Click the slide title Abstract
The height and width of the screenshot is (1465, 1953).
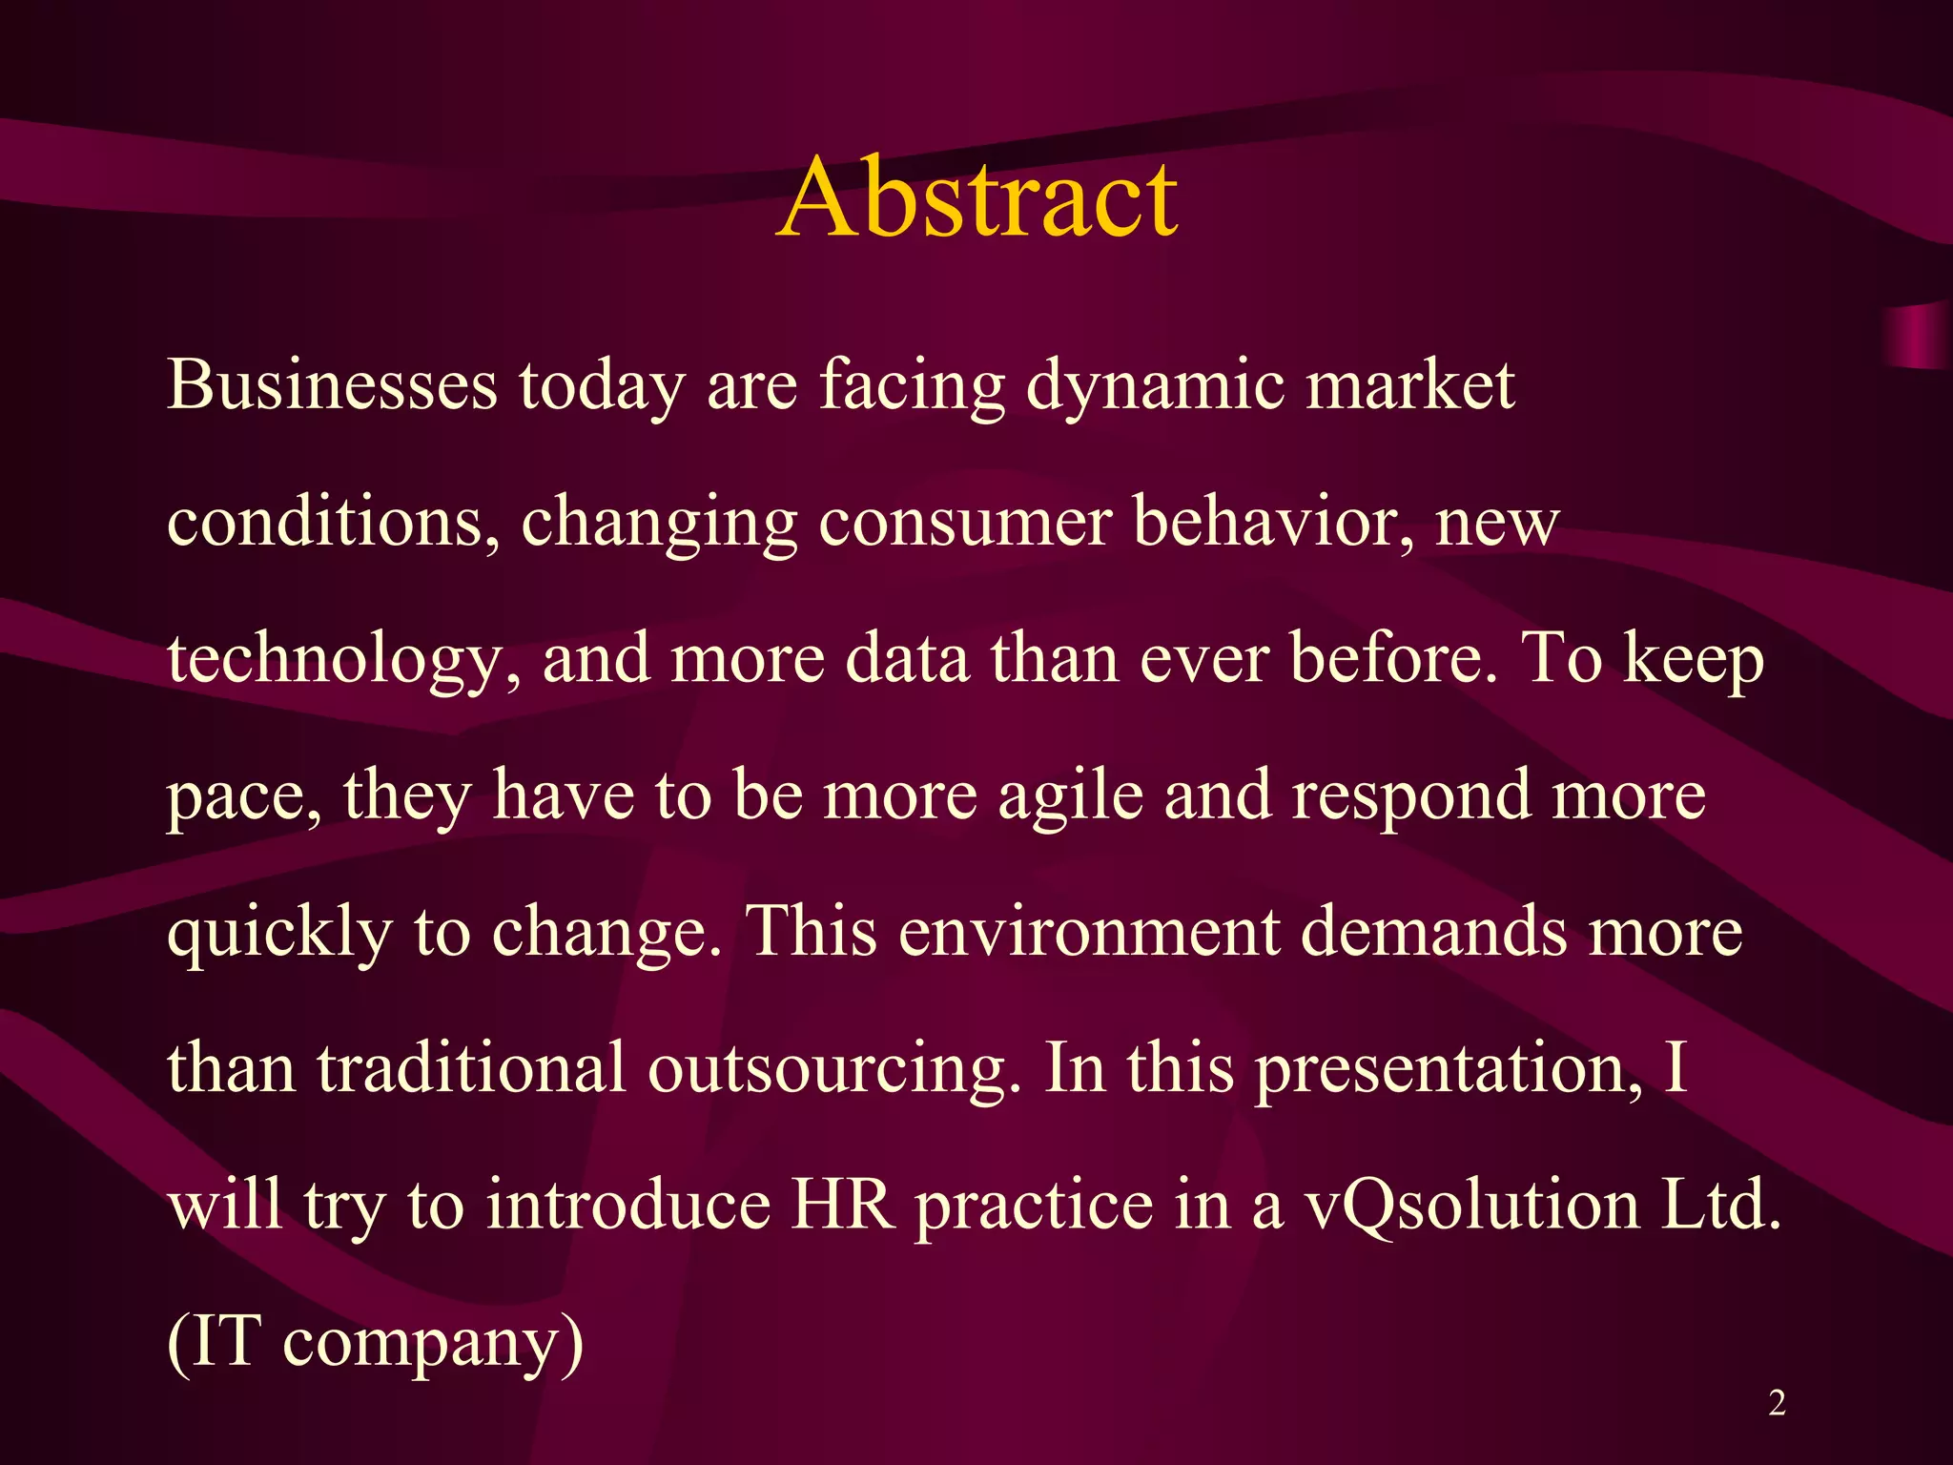point(977,198)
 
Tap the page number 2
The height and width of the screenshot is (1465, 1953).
point(1777,1403)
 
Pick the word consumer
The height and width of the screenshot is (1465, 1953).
point(964,523)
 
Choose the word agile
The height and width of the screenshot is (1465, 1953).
point(1070,796)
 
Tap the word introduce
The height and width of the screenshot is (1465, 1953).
point(627,1205)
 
